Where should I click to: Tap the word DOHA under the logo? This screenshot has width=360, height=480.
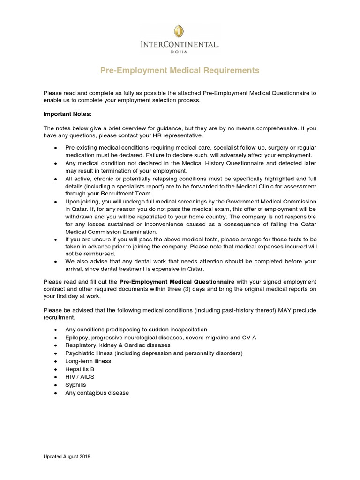point(180,52)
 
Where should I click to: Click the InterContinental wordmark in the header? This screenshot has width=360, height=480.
point(180,45)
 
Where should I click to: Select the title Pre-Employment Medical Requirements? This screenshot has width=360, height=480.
point(180,70)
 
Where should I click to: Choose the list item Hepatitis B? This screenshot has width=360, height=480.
point(80,369)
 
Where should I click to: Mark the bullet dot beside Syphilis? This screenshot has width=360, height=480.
point(55,385)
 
